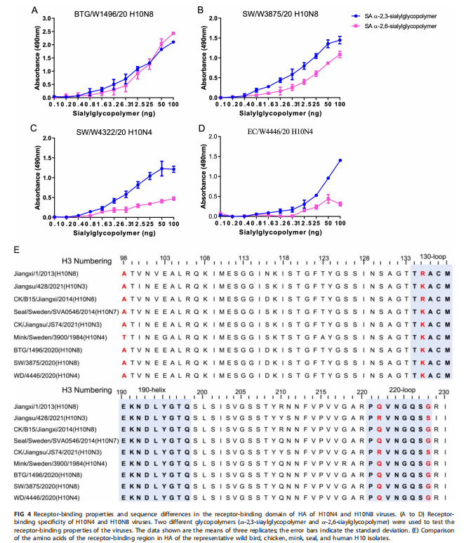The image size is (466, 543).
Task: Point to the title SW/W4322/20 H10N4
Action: click(107, 131)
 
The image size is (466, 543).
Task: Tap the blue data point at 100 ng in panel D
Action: click(340, 161)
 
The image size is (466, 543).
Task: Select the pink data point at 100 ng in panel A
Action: click(173, 34)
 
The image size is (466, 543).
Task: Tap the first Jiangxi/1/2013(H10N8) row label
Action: click(45, 274)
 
